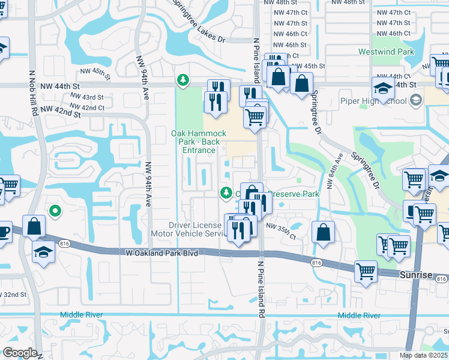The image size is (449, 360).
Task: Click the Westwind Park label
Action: tap(386, 52)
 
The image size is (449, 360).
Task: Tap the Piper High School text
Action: tap(374, 100)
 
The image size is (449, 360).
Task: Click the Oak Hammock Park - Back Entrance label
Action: tap(199, 141)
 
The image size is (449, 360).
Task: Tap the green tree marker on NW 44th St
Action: tap(182, 80)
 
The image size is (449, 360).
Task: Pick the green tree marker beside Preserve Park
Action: tap(226, 193)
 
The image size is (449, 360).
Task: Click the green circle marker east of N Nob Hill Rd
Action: tap(55, 211)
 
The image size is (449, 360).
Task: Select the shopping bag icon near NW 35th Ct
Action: tap(323, 233)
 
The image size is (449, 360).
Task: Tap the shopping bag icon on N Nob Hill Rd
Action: tap(34, 227)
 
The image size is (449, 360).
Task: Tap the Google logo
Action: tap(19, 353)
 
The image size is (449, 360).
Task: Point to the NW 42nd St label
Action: tap(61, 113)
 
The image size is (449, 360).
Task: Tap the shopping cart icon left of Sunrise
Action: tap(365, 271)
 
